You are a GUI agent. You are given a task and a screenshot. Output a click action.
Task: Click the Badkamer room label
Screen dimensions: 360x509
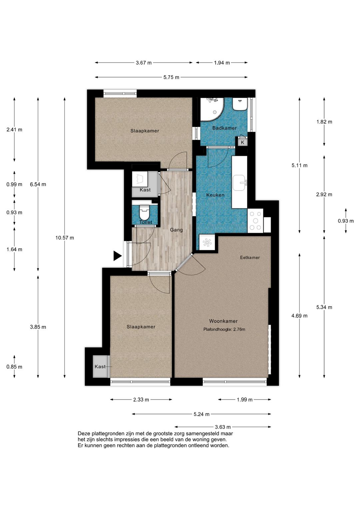click(x=224, y=128)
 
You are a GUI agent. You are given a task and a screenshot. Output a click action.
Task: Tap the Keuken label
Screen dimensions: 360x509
click(x=215, y=195)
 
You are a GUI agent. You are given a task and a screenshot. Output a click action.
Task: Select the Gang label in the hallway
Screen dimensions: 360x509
click(x=176, y=230)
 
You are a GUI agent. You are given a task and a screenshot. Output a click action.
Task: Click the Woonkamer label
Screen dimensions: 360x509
click(x=223, y=321)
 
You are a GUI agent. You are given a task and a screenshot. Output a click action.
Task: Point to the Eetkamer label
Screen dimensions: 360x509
click(x=250, y=258)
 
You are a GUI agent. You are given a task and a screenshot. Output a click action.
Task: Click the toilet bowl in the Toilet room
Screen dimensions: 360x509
click(x=144, y=213)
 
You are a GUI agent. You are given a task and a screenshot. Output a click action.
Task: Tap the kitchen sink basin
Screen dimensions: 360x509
click(x=239, y=183)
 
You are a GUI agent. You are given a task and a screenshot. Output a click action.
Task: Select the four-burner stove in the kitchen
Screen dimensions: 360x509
click(x=255, y=220)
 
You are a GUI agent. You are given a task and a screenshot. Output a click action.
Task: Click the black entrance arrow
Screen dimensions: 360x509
click(x=118, y=256)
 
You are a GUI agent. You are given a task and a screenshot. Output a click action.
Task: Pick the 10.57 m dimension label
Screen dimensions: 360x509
click(x=65, y=238)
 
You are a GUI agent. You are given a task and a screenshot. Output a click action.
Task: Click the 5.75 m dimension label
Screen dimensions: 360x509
click(x=171, y=77)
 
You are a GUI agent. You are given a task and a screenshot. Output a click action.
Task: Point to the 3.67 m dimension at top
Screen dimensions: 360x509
click(x=144, y=63)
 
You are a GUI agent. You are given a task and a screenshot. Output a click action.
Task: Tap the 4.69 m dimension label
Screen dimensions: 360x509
click(x=299, y=316)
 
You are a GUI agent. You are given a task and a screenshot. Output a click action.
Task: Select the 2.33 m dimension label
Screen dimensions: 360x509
click(x=141, y=406)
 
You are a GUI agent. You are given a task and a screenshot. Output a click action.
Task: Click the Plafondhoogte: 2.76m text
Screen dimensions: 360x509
click(x=224, y=329)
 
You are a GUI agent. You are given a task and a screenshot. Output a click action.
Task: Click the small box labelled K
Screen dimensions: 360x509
click(x=242, y=142)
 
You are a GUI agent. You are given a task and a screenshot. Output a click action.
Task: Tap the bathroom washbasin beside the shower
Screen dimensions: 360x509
click(x=240, y=104)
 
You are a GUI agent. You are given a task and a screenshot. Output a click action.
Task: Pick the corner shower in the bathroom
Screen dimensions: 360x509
click(x=212, y=109)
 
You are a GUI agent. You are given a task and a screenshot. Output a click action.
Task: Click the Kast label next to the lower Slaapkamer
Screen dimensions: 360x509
click(x=100, y=367)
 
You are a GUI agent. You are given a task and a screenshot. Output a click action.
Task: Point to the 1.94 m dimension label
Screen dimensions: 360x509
click(x=222, y=63)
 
